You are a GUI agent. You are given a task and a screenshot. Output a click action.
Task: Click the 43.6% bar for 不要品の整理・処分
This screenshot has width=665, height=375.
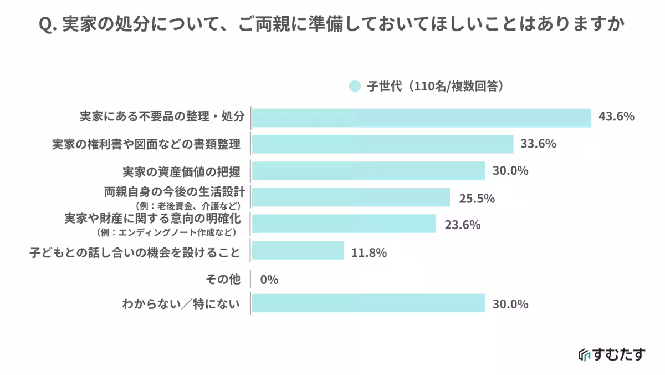(421, 118)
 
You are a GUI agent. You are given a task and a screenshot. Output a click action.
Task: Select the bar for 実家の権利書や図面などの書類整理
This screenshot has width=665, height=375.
(382, 144)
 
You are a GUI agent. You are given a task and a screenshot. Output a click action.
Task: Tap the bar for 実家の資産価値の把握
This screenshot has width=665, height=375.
(369, 170)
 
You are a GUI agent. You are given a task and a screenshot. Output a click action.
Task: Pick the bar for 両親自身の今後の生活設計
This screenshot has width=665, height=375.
(351, 197)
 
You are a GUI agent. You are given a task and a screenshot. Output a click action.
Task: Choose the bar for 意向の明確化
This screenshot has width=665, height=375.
(344, 224)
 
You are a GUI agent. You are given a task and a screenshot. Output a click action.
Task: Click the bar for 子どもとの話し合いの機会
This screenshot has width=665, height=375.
(298, 251)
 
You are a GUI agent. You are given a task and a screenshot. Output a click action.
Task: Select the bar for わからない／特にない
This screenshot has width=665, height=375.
(369, 303)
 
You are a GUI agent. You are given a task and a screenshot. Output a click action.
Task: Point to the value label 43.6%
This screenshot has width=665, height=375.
(616, 117)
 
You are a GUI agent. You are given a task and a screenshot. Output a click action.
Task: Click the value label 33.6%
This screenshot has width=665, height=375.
(538, 144)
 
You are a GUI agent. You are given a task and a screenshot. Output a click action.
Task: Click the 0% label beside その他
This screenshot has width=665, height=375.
(269, 280)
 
